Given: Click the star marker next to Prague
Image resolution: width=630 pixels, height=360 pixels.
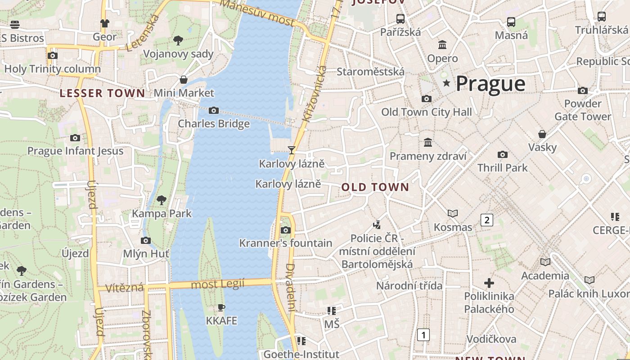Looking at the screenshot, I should [x=446, y=83].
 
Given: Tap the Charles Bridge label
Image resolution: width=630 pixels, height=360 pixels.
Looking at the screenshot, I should [x=214, y=124].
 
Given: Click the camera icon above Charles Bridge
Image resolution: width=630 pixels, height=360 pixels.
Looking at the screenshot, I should [x=214, y=110].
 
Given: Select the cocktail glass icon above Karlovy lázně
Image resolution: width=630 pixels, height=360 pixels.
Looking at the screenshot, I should [x=292, y=150].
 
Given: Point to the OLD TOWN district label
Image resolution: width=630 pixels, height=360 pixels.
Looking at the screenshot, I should [x=375, y=187].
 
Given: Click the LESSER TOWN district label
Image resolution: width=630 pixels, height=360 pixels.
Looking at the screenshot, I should [x=103, y=94].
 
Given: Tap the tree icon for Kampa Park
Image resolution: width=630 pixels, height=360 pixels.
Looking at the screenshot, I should [x=162, y=200].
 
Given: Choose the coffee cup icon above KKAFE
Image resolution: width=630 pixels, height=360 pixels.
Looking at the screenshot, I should [x=221, y=308].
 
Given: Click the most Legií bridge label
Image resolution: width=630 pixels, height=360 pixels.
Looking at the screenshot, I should [x=218, y=284].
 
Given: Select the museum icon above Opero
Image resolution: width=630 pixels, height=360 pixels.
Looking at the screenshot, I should [x=442, y=45].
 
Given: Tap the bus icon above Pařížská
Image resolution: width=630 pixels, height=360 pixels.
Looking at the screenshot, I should [x=400, y=19].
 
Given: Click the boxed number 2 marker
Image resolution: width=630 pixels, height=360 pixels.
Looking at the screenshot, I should [x=486, y=220].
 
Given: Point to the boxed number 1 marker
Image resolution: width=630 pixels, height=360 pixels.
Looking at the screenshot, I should [x=423, y=335].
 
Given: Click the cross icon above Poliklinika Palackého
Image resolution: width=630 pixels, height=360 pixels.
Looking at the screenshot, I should [x=489, y=283].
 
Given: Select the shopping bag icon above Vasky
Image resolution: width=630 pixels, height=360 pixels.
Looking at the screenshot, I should [x=542, y=134].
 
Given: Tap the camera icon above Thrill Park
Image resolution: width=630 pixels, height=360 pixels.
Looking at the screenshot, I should [x=503, y=154].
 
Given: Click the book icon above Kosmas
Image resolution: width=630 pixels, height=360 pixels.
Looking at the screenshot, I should [x=453, y=213].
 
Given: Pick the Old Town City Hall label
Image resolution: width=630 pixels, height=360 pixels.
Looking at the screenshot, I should [x=427, y=112].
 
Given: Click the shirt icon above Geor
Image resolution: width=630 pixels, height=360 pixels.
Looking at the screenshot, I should [x=104, y=23].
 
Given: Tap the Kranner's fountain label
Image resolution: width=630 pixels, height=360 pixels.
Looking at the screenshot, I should [x=286, y=243].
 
